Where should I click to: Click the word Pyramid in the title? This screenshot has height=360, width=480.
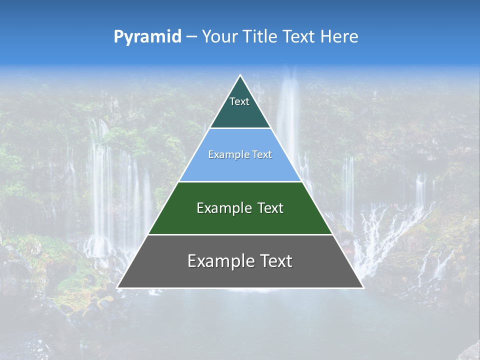[147, 37]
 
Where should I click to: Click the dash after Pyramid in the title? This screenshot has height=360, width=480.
[191, 37]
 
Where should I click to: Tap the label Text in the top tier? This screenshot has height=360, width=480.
[239, 101]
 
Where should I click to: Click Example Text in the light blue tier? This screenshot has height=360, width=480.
[240, 154]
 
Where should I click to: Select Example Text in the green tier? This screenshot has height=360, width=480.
[240, 208]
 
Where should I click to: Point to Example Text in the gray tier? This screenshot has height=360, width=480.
[240, 261]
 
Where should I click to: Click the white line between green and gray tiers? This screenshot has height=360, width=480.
[240, 234]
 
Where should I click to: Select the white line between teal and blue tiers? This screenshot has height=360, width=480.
[240, 128]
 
